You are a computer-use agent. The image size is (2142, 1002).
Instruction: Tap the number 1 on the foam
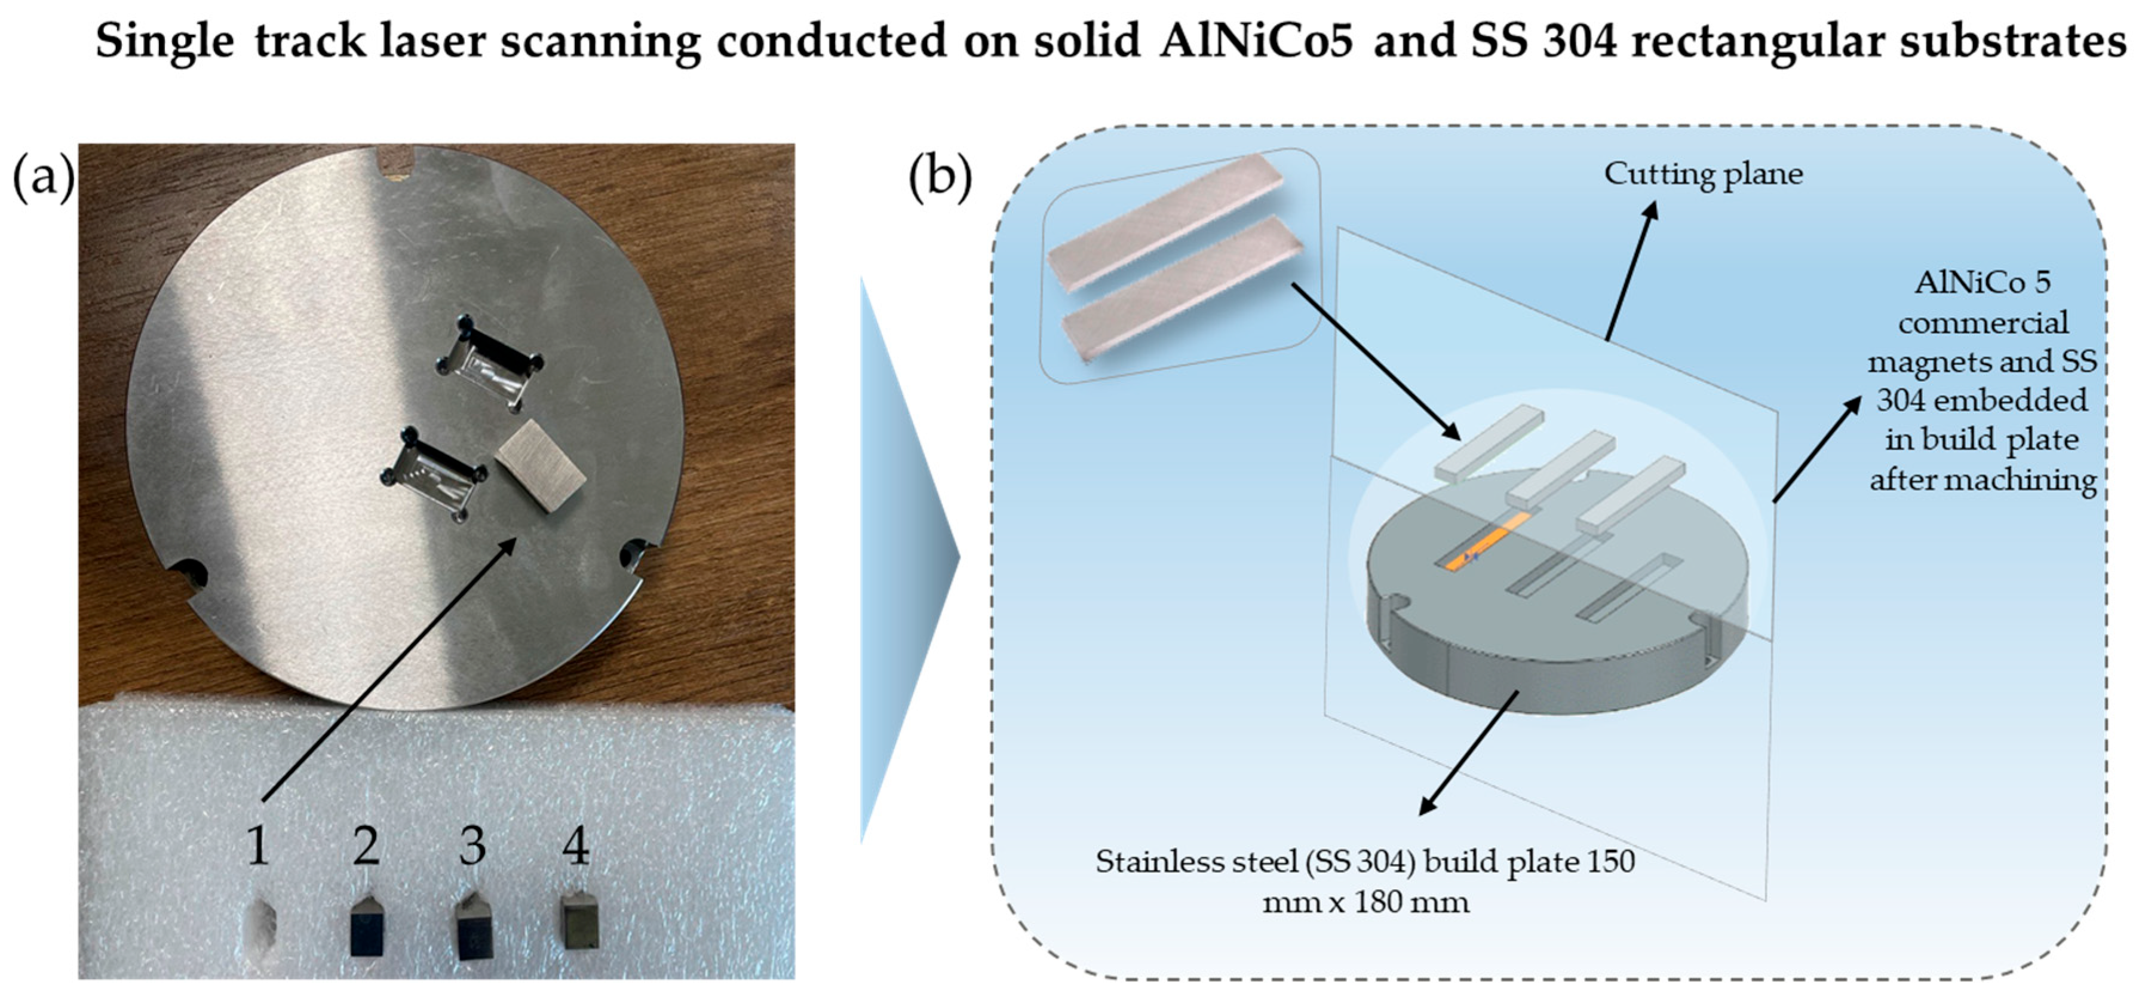pyautogui.click(x=259, y=847)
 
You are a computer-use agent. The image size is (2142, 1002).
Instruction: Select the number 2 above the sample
pyautogui.click(x=366, y=847)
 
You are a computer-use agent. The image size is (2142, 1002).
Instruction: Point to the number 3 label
pyautogui.click(x=472, y=847)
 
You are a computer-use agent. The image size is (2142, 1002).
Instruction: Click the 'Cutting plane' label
pyautogui.click(x=1703, y=174)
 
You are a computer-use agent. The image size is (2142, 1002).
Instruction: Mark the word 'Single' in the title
pyautogui.click(x=165, y=40)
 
